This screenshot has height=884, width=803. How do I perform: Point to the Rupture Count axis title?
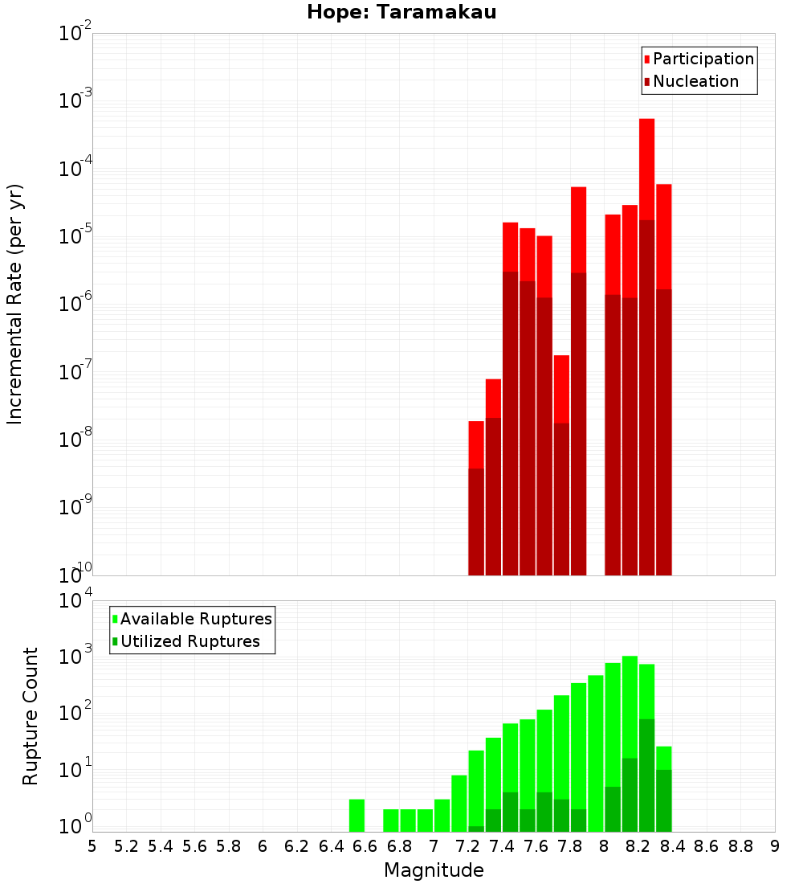tap(31, 716)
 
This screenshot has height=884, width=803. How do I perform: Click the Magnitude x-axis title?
tap(434, 870)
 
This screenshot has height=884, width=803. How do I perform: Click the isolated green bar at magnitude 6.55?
tap(357, 815)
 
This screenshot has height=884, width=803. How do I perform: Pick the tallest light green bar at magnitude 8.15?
tap(630, 707)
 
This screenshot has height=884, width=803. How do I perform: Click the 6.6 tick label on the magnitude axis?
tap(365, 846)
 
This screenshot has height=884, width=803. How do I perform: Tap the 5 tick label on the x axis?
tap(92, 846)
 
